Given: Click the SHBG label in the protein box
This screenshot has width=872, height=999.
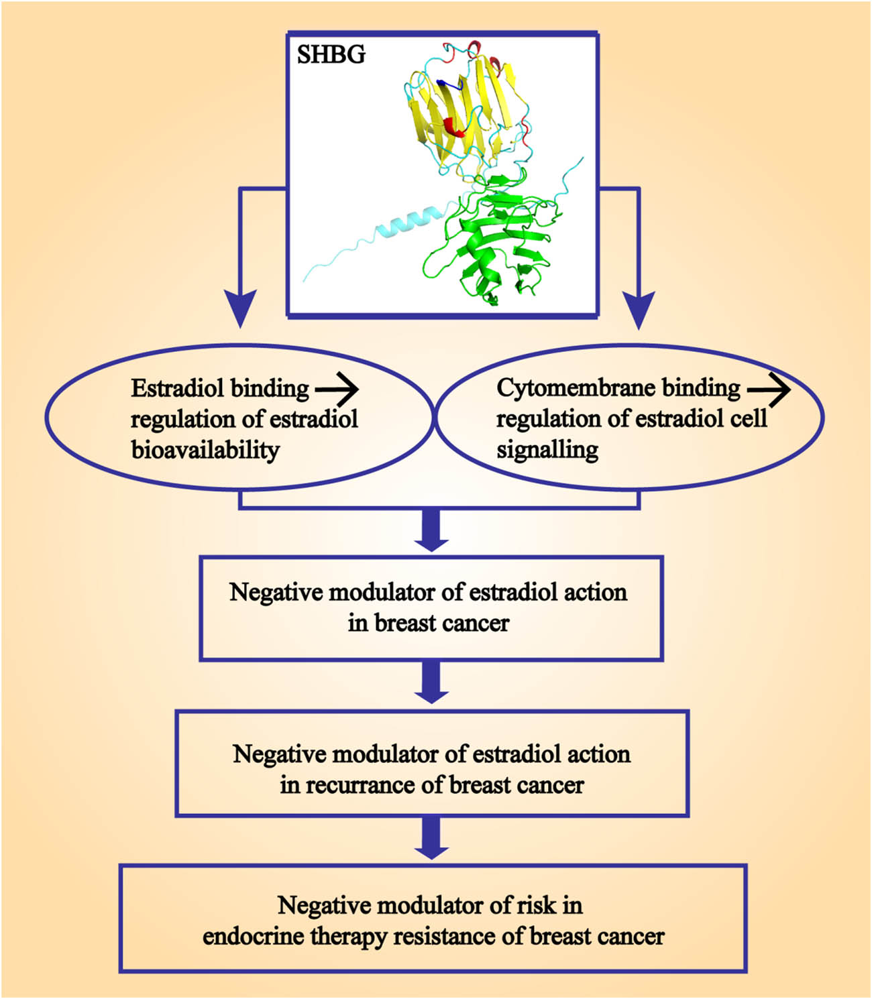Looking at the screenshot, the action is (x=331, y=54).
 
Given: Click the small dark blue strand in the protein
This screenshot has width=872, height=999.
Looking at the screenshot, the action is (x=449, y=84).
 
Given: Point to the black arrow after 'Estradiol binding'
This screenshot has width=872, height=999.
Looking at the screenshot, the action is (x=337, y=389).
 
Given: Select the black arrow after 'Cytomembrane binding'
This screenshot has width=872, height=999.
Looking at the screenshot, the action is (x=769, y=389).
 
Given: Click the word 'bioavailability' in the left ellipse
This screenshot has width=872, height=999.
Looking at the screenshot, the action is (x=205, y=450).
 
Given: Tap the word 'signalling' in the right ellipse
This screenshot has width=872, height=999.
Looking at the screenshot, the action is (x=547, y=450).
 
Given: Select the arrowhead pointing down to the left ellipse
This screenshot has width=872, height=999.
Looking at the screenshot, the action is (x=240, y=308).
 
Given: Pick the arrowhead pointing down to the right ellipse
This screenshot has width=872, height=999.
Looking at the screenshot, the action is (x=639, y=309).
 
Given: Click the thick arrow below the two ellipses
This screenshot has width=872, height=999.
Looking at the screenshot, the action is (x=431, y=530).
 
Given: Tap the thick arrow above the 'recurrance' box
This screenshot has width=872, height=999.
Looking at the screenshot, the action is (x=431, y=682).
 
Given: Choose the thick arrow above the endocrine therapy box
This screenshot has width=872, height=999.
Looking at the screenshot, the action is (x=431, y=837).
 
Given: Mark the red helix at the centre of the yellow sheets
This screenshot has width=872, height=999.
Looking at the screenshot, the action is (x=454, y=127).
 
